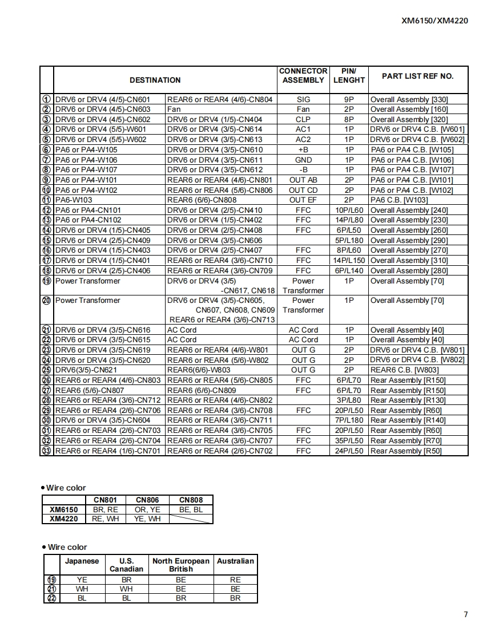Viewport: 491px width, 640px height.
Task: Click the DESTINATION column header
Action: (155, 80)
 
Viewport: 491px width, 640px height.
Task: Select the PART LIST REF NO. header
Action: (417, 76)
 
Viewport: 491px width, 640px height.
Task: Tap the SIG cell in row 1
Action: (303, 99)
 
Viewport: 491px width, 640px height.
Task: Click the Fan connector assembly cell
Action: (303, 109)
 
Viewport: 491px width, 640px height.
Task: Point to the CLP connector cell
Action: (303, 119)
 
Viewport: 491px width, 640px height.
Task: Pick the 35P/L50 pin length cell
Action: (349, 440)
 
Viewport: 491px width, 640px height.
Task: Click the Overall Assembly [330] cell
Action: (409, 99)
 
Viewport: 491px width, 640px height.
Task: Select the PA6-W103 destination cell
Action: (74, 200)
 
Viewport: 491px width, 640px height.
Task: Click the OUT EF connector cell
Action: (303, 200)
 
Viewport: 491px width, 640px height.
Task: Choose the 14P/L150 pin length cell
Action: (349, 260)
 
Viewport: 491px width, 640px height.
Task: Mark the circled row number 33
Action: (47, 451)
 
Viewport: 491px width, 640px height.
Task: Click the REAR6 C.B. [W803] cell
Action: (405, 370)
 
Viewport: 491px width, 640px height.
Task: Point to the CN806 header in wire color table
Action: (147, 500)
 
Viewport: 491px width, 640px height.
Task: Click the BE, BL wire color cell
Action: (191, 509)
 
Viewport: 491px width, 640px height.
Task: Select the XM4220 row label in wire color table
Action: (64, 519)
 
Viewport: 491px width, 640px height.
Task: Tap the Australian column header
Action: (235, 561)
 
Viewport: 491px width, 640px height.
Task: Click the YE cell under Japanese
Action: (82, 580)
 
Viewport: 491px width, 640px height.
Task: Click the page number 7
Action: (466, 614)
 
